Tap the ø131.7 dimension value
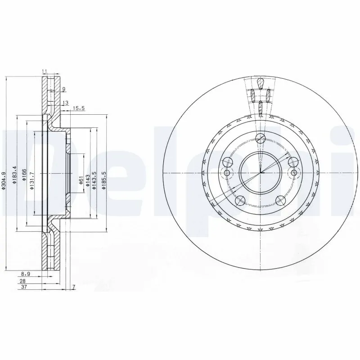click(x=32, y=180)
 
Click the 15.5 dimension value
click(x=79, y=108)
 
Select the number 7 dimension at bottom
click(x=73, y=287)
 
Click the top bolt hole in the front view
click(x=260, y=138)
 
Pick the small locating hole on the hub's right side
click(x=294, y=173)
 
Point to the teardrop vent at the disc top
click(x=260, y=83)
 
